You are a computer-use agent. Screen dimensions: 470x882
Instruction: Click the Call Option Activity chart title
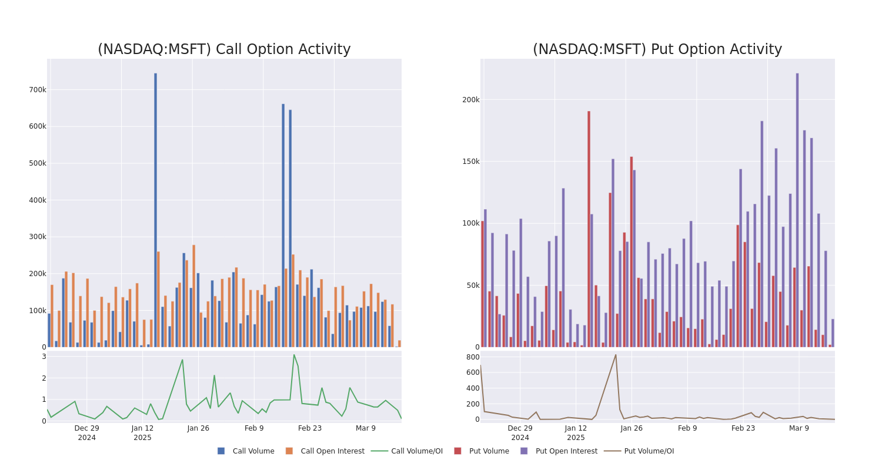(224, 49)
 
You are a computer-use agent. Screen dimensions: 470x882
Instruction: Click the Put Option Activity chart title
(657, 49)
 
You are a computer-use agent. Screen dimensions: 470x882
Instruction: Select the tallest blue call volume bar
(155, 210)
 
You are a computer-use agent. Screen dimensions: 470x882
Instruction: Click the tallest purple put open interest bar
(797, 210)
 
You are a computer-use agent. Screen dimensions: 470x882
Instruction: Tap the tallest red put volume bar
(589, 229)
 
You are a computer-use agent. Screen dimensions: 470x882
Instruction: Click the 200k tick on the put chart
(470, 100)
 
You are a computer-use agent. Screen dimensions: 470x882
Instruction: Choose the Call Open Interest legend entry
(332, 451)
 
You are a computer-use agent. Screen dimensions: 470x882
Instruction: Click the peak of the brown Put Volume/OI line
(616, 354)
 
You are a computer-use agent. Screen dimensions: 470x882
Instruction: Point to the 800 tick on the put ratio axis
(472, 357)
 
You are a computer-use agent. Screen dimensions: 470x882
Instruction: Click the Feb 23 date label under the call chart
(310, 428)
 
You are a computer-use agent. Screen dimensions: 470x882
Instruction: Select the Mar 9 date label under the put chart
(799, 428)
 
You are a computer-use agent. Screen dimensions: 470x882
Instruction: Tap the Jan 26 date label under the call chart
(198, 428)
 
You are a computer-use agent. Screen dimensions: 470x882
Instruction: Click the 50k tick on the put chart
(472, 286)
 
